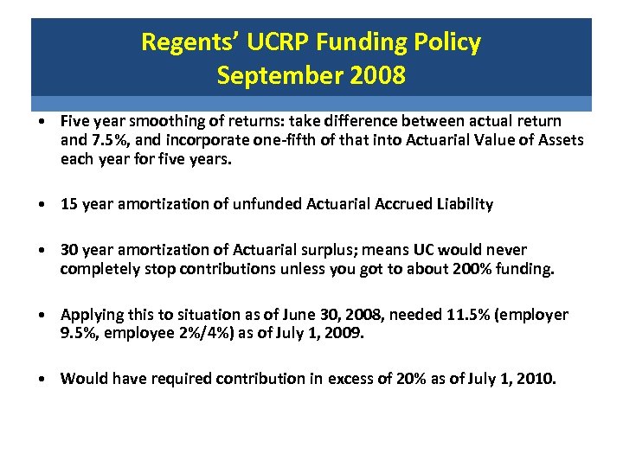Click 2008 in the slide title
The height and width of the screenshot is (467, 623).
[377, 76]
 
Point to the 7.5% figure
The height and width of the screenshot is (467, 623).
[104, 140]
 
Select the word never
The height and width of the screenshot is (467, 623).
[507, 250]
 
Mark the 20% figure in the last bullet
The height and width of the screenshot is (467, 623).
[398, 379]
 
